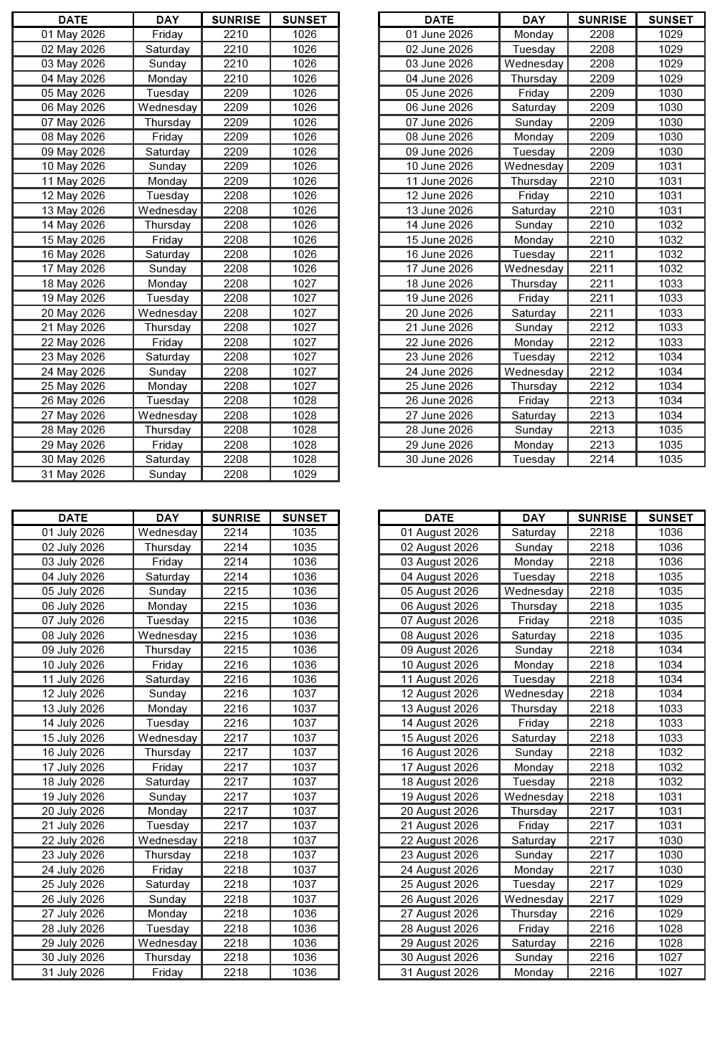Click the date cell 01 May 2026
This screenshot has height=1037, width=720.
point(73,34)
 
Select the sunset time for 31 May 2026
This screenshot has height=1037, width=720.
point(305,474)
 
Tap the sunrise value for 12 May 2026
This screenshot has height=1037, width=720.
point(236,196)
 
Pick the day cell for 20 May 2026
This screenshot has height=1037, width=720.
point(168,313)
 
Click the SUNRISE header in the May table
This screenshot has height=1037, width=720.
point(236,20)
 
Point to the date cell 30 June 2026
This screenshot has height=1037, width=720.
point(439,459)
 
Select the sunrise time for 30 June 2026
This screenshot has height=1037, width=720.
point(602,459)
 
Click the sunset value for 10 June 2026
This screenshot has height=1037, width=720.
point(671,166)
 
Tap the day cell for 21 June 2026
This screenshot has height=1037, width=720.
point(534,328)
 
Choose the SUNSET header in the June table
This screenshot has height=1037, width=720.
point(671,20)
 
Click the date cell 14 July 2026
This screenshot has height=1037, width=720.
point(73,723)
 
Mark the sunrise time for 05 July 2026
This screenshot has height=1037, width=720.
point(236,591)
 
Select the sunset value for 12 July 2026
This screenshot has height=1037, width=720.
point(305,694)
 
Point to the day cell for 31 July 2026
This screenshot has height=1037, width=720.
point(168,973)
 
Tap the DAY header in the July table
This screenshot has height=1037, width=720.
point(168,518)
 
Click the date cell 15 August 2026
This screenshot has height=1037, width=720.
point(439,738)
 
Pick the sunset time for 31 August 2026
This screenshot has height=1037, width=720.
point(671,973)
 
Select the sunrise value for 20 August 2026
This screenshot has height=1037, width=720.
point(602,811)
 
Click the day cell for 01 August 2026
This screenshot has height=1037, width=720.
point(534,532)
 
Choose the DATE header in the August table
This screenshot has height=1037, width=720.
point(439,518)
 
